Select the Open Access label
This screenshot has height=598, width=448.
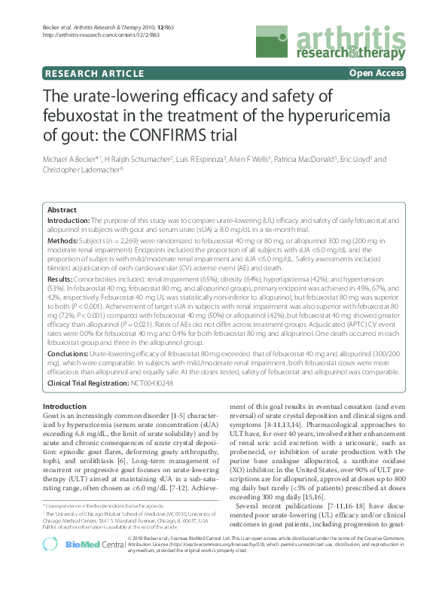coord(376,73)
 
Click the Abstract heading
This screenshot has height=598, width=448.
coord(62,210)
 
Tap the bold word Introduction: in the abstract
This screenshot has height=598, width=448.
coord(69,220)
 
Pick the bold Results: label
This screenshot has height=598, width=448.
coord(60,279)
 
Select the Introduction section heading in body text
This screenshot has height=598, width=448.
coord(66,407)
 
